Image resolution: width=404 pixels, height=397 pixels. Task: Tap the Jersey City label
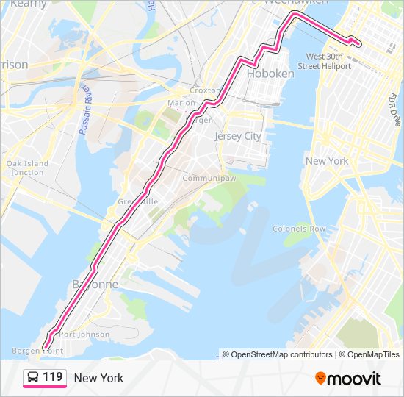[237, 136]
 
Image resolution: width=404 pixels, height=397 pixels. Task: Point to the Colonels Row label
[298, 229]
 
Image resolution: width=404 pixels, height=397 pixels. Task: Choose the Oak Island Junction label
[27, 168]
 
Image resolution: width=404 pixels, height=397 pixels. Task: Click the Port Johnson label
[84, 335]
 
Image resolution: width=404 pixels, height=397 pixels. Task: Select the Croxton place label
[205, 90]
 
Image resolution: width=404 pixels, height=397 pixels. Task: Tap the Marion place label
[181, 103]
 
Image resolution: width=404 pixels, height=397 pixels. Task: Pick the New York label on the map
[327, 161]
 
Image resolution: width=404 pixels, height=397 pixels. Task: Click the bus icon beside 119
[33, 378]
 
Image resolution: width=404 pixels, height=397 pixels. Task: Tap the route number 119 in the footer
[53, 377]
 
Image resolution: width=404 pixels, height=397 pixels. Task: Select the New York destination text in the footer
[98, 378]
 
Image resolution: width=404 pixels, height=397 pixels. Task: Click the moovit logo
[348, 379]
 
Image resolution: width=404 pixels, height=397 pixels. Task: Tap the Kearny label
[28, 4]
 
